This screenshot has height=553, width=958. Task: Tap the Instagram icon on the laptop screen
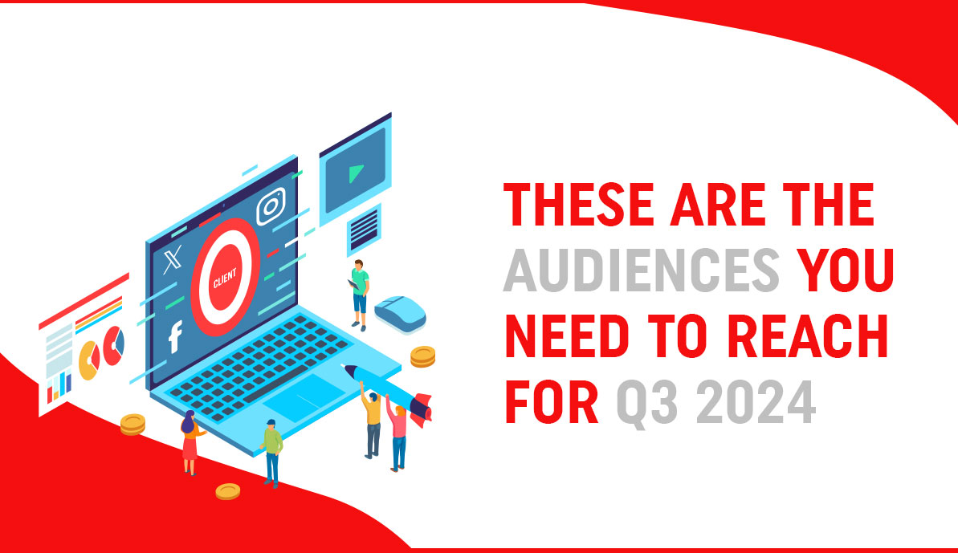pos(271,207)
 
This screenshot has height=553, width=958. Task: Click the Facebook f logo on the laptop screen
pos(174,338)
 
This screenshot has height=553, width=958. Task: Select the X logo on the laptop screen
pos(171,262)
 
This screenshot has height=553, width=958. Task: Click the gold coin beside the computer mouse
pos(422,356)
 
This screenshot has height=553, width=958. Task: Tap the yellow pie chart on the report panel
pos(88,356)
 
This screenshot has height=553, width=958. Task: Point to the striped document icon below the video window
pos(364,226)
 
